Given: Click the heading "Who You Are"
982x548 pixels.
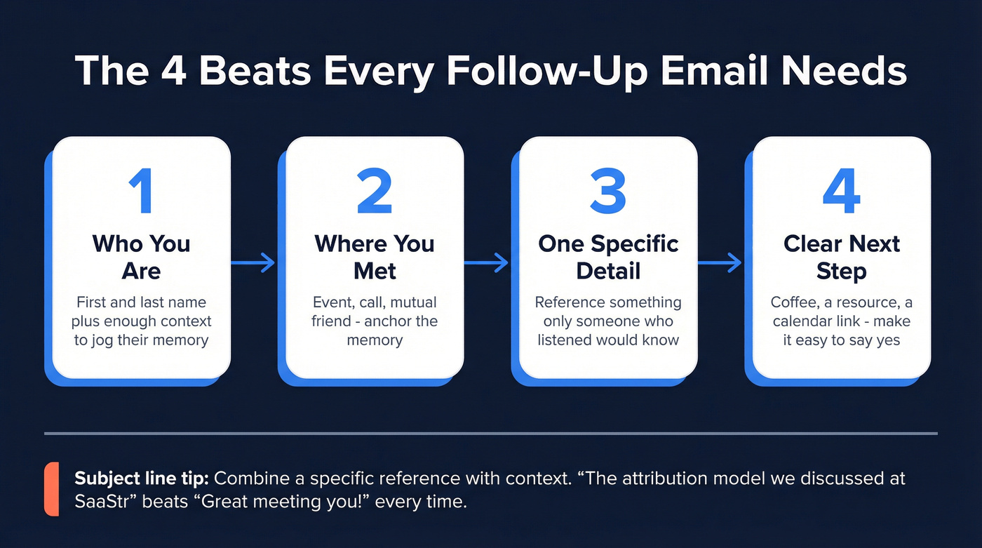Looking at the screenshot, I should point(141,257).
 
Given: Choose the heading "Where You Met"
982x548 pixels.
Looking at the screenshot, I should point(375,257).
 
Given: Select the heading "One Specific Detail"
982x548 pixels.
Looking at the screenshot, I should point(608,257).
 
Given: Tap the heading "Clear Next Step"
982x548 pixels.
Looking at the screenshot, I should point(841,257).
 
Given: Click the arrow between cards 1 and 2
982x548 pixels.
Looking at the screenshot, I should point(253,263).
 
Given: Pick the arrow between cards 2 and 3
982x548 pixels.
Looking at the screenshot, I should point(486,263).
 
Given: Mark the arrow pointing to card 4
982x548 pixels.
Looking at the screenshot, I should point(720,263).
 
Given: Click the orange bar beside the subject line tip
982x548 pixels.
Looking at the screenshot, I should point(51,489).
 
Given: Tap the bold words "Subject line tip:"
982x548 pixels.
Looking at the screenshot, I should point(142,479).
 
